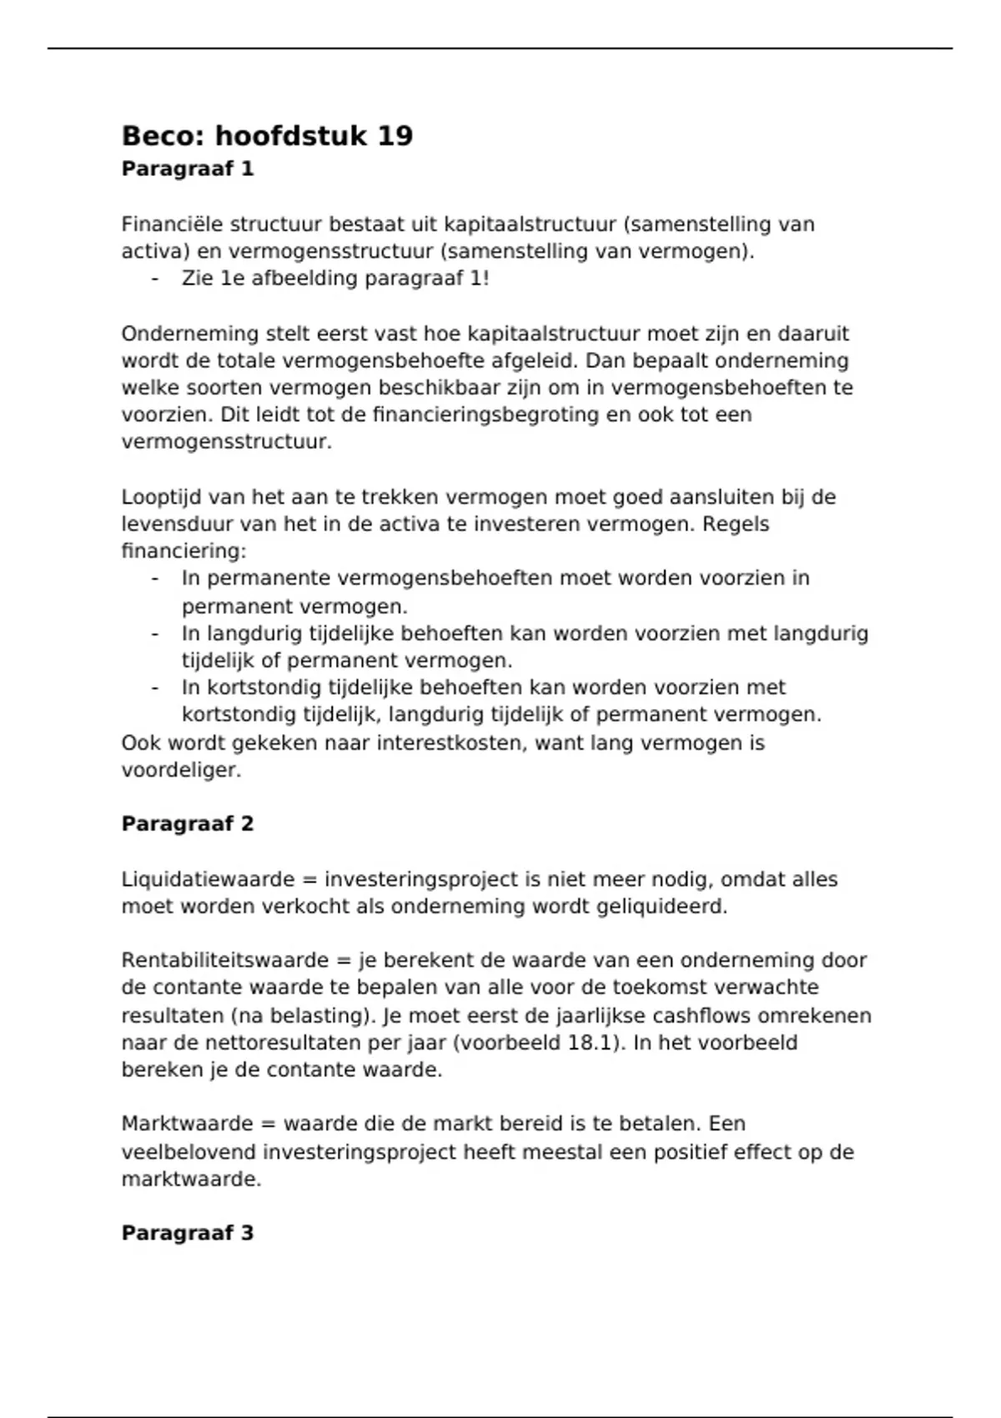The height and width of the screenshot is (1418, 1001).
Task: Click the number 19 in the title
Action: [x=395, y=136]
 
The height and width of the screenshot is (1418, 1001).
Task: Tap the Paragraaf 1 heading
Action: [x=188, y=168]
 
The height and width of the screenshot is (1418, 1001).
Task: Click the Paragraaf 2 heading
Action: [x=188, y=823]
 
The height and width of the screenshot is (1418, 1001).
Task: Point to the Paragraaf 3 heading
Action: [x=188, y=1233]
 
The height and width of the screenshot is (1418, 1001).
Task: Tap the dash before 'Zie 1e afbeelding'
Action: [x=155, y=279]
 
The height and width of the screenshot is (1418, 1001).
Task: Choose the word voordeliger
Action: [x=181, y=770]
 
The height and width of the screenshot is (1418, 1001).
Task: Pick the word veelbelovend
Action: [x=189, y=1152]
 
